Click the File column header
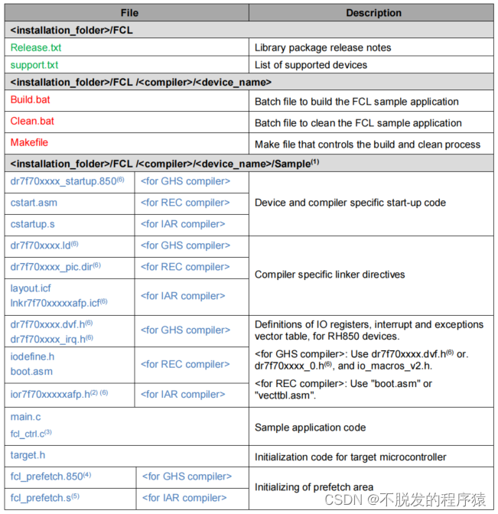pos(129,13)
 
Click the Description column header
pos(373,13)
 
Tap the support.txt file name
pos(39,65)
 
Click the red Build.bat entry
pos(31,100)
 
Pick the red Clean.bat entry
pos(32,122)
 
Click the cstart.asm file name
pos(34,203)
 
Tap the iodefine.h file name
pos(33,356)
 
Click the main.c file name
pos(26,417)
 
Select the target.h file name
pos(28,456)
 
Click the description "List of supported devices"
pos(313,65)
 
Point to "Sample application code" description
pos(310,428)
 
